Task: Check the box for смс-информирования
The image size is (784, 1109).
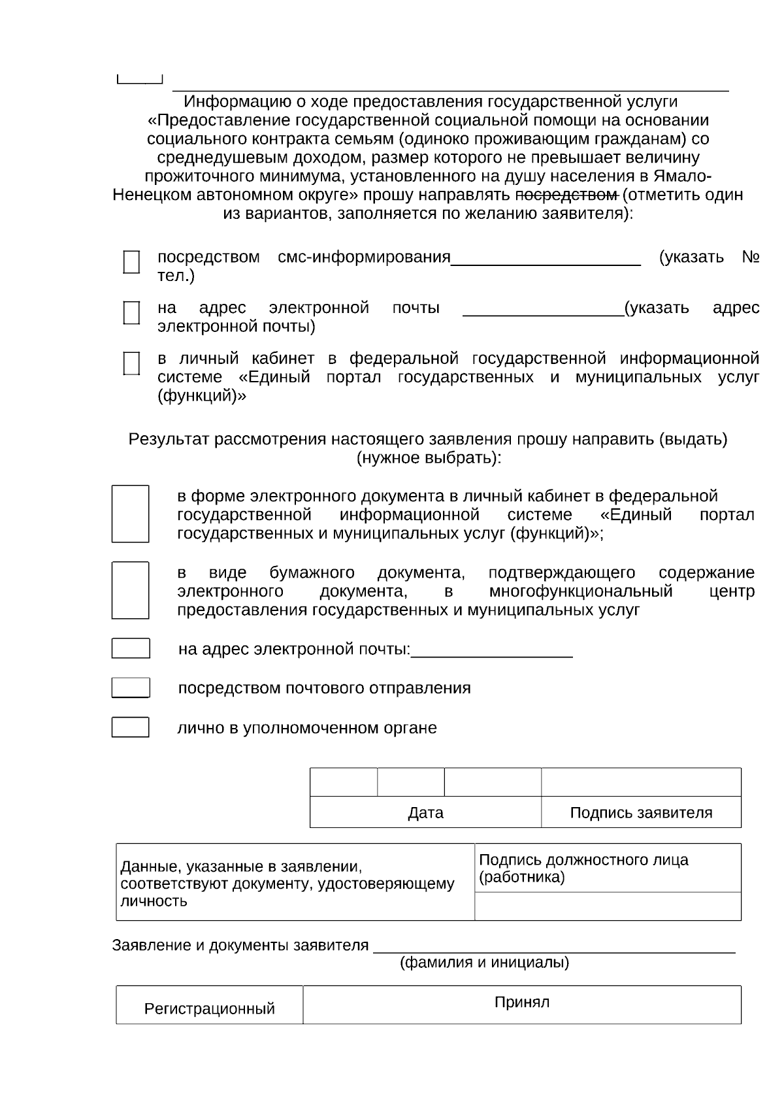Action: [131, 262]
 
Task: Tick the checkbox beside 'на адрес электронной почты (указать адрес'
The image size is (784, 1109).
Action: [131, 313]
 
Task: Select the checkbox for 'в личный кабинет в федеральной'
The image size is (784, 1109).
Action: [131, 363]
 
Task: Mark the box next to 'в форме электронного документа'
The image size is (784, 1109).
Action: [130, 514]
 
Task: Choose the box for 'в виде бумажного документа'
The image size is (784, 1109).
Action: [130, 590]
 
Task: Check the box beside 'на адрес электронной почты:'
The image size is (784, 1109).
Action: [130, 648]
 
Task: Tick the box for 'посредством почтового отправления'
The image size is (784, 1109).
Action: [130, 687]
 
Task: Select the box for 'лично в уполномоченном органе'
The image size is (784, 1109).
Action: [130, 727]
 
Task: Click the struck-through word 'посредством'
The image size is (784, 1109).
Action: [567, 195]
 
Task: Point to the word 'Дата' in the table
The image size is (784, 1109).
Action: [425, 813]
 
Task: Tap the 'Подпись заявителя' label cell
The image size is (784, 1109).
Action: [641, 813]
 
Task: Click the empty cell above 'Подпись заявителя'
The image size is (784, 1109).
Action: [641, 782]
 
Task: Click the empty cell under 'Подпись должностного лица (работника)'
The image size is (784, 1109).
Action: [608, 906]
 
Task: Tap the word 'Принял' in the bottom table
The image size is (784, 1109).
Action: [521, 1002]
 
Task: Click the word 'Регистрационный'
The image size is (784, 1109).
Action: [209, 1009]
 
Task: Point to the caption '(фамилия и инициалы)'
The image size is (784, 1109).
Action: [484, 963]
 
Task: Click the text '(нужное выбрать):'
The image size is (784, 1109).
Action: [429, 457]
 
